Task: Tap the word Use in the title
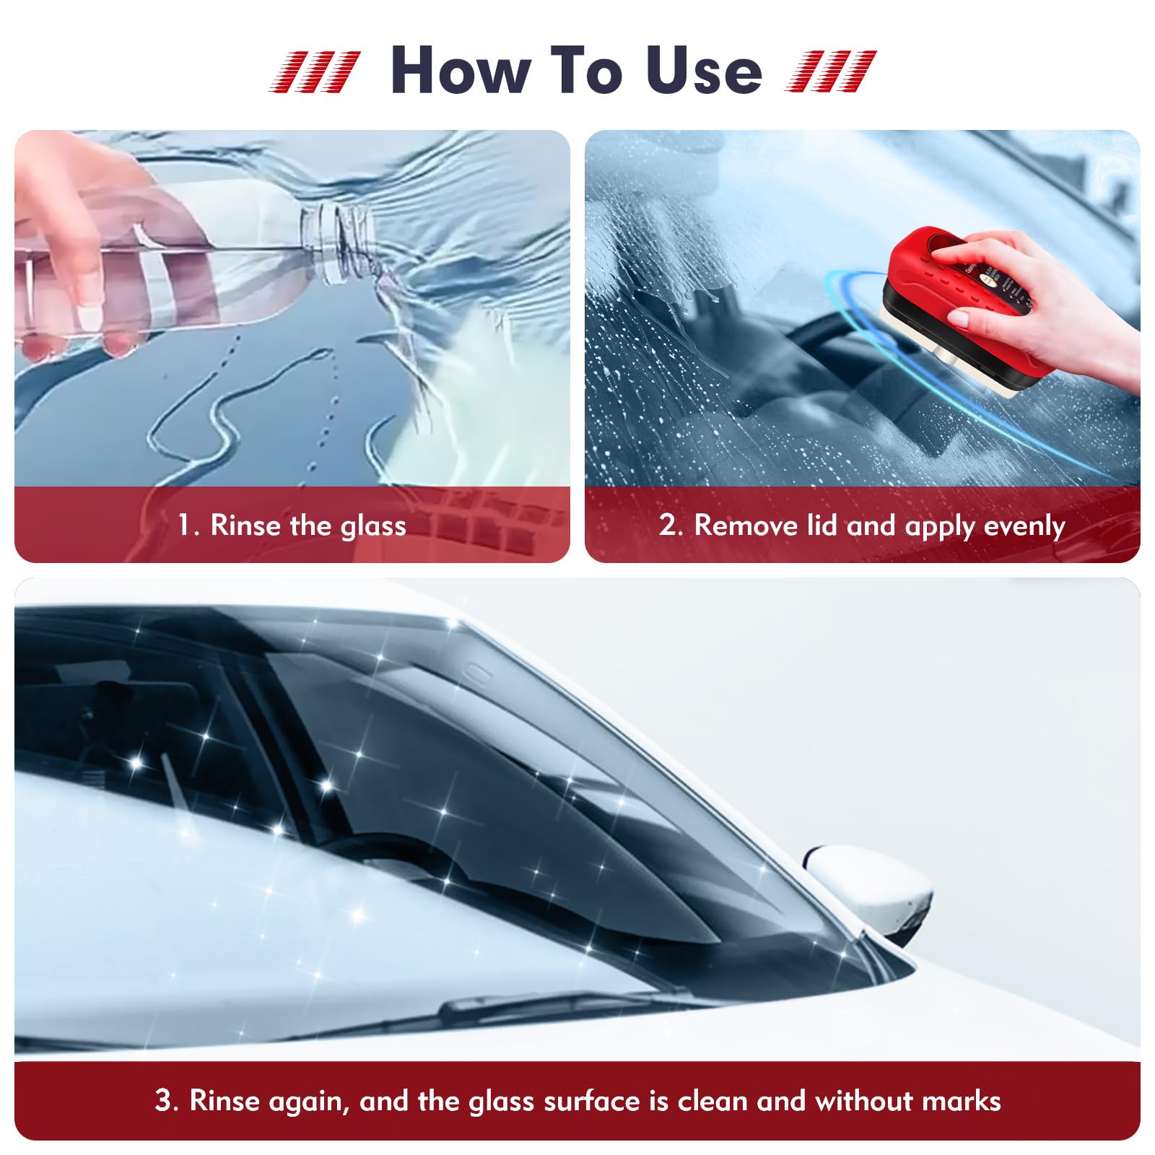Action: [704, 70]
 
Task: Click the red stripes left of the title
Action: [314, 71]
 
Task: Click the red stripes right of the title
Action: [830, 71]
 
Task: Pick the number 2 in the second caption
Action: [668, 525]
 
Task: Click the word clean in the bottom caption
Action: [711, 1101]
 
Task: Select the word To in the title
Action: [585, 70]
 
